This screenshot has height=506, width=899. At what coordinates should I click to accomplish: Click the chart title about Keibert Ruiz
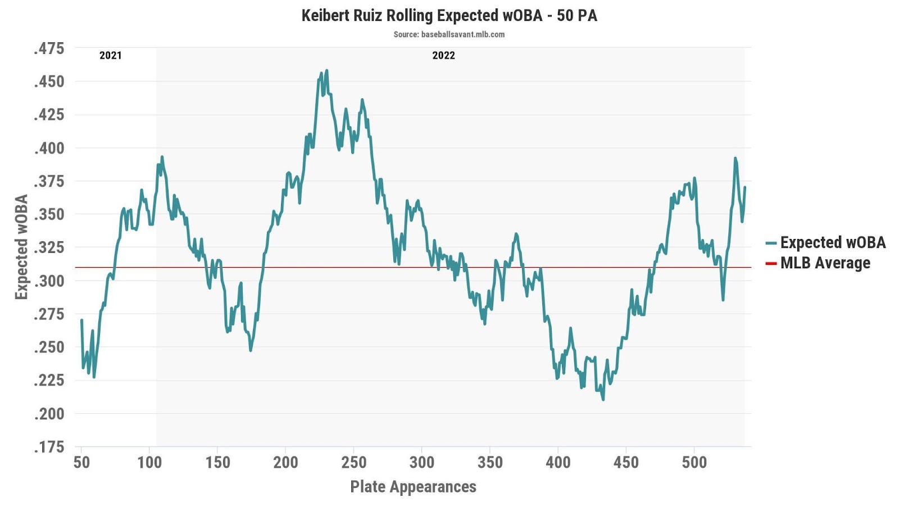(449, 15)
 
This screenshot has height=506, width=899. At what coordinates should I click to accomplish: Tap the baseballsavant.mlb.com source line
(449, 34)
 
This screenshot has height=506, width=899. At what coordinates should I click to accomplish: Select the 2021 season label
(110, 55)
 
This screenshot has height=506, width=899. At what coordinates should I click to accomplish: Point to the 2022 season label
(443, 55)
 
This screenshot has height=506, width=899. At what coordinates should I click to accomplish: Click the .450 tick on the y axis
(49, 82)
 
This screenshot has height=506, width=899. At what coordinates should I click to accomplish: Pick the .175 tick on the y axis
(49, 447)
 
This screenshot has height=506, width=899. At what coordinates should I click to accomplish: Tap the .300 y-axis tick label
(49, 281)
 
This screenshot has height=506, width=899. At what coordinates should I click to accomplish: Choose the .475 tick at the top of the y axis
(49, 48)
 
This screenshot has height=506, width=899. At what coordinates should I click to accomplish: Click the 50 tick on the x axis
(81, 463)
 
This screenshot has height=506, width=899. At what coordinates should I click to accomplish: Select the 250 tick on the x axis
(353, 463)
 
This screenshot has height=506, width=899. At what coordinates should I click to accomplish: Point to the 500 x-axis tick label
(694, 463)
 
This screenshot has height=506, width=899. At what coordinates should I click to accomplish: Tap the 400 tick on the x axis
(558, 463)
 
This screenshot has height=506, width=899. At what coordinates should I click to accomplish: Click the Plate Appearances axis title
(413, 487)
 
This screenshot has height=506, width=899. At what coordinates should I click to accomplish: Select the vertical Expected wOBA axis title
(21, 247)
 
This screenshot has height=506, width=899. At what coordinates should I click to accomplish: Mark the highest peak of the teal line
(326, 71)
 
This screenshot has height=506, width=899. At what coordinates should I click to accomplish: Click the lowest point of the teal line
(603, 400)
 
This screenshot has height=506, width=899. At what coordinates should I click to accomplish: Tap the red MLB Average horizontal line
(393, 267)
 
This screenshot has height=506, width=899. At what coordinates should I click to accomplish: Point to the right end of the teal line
(744, 188)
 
